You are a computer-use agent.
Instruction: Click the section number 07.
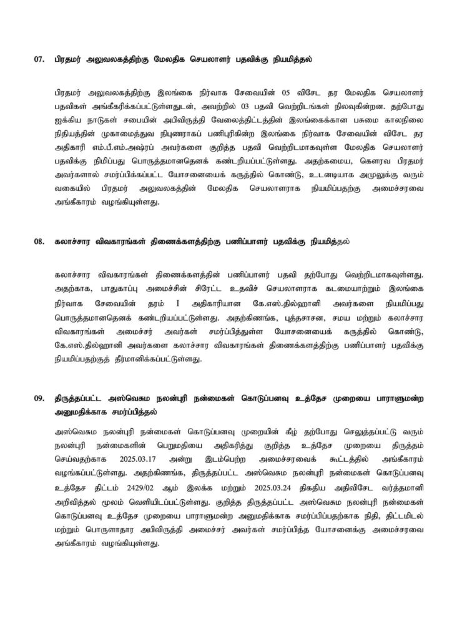pyautogui.click(x=39, y=61)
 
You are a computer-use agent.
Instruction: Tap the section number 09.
pyautogui.click(x=39, y=398)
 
